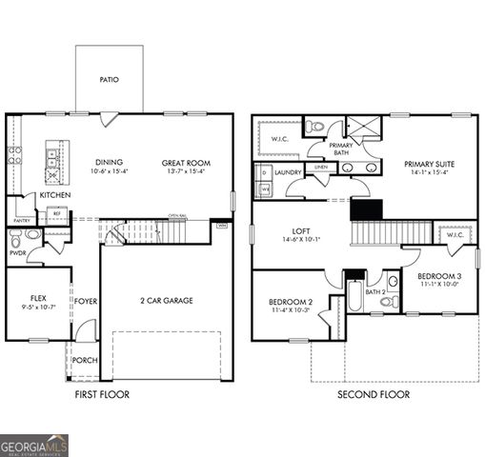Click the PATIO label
(109, 80)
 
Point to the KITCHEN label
(55, 194)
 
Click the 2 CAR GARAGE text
(166, 300)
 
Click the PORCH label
(85, 361)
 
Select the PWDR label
(17, 253)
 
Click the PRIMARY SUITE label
(429, 164)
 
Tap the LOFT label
(301, 230)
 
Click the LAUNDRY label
(288, 172)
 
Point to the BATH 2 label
(374, 292)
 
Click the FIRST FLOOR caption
(102, 394)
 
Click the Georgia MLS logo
(34, 445)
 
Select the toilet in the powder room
(32, 234)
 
